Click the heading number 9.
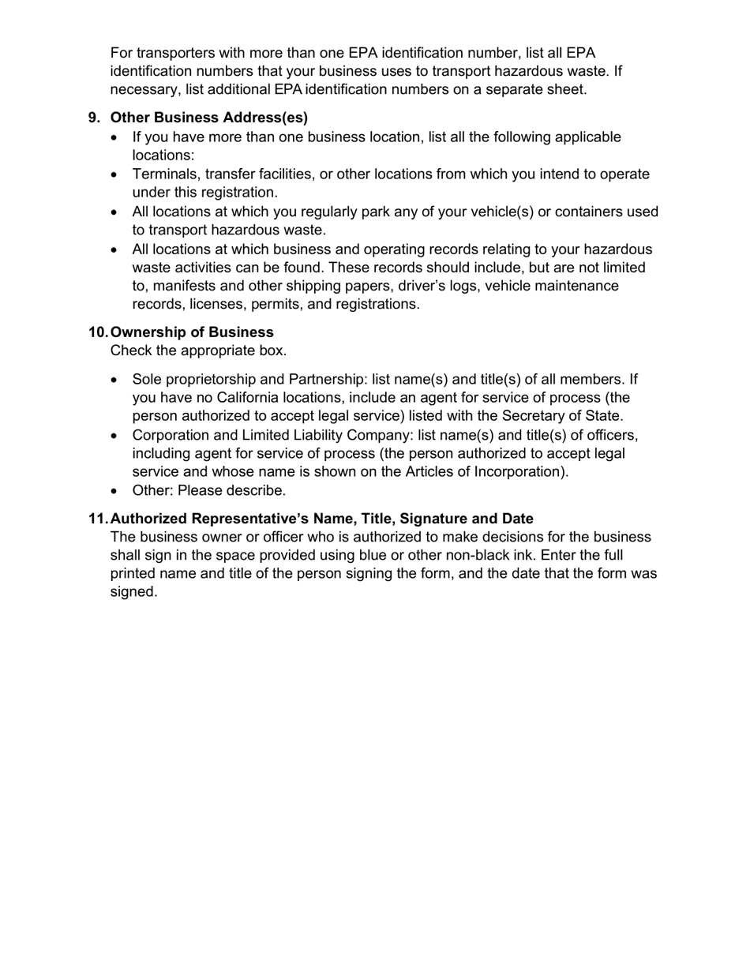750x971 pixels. [94, 118]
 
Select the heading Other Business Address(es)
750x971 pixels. [209, 118]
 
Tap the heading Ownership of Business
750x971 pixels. [192, 332]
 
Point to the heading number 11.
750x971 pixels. [98, 519]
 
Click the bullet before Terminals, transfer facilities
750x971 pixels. [117, 174]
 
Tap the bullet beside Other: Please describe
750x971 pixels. [117, 491]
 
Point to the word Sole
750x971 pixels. [148, 379]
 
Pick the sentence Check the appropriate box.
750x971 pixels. [198, 351]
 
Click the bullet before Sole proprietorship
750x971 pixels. [117, 380]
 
